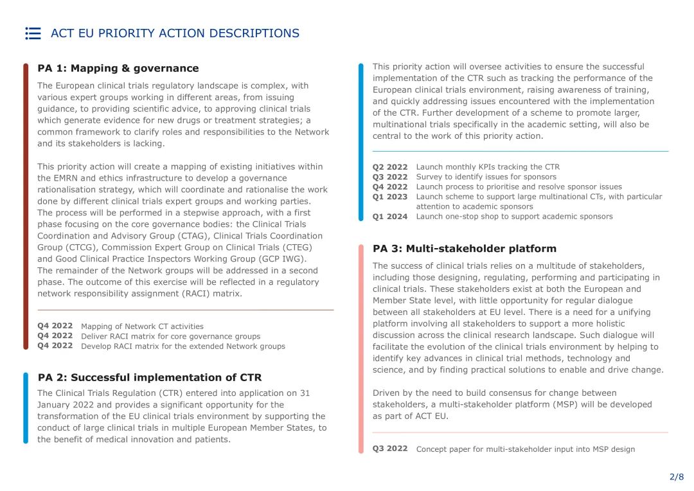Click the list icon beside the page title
pyautogui.click(x=33, y=33)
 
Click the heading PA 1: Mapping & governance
pyautogui.click(x=118, y=68)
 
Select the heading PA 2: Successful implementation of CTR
pyautogui.click(x=150, y=377)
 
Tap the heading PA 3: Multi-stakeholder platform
pyautogui.click(x=465, y=248)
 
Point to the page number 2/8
pyautogui.click(x=677, y=477)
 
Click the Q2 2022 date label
pyautogui.click(x=390, y=167)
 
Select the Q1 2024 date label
pyautogui.click(x=390, y=217)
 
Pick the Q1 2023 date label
pyautogui.click(x=390, y=197)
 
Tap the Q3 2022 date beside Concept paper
pyautogui.click(x=390, y=449)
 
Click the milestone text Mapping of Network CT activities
pyautogui.click(x=142, y=326)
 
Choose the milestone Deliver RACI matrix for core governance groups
pyautogui.click(x=170, y=336)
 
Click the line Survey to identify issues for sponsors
pyautogui.click(x=486, y=177)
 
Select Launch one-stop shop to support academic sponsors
pyautogui.click(x=514, y=217)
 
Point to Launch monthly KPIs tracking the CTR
pyautogui.click(x=488, y=167)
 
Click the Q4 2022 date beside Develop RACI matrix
pyautogui.click(x=55, y=346)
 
